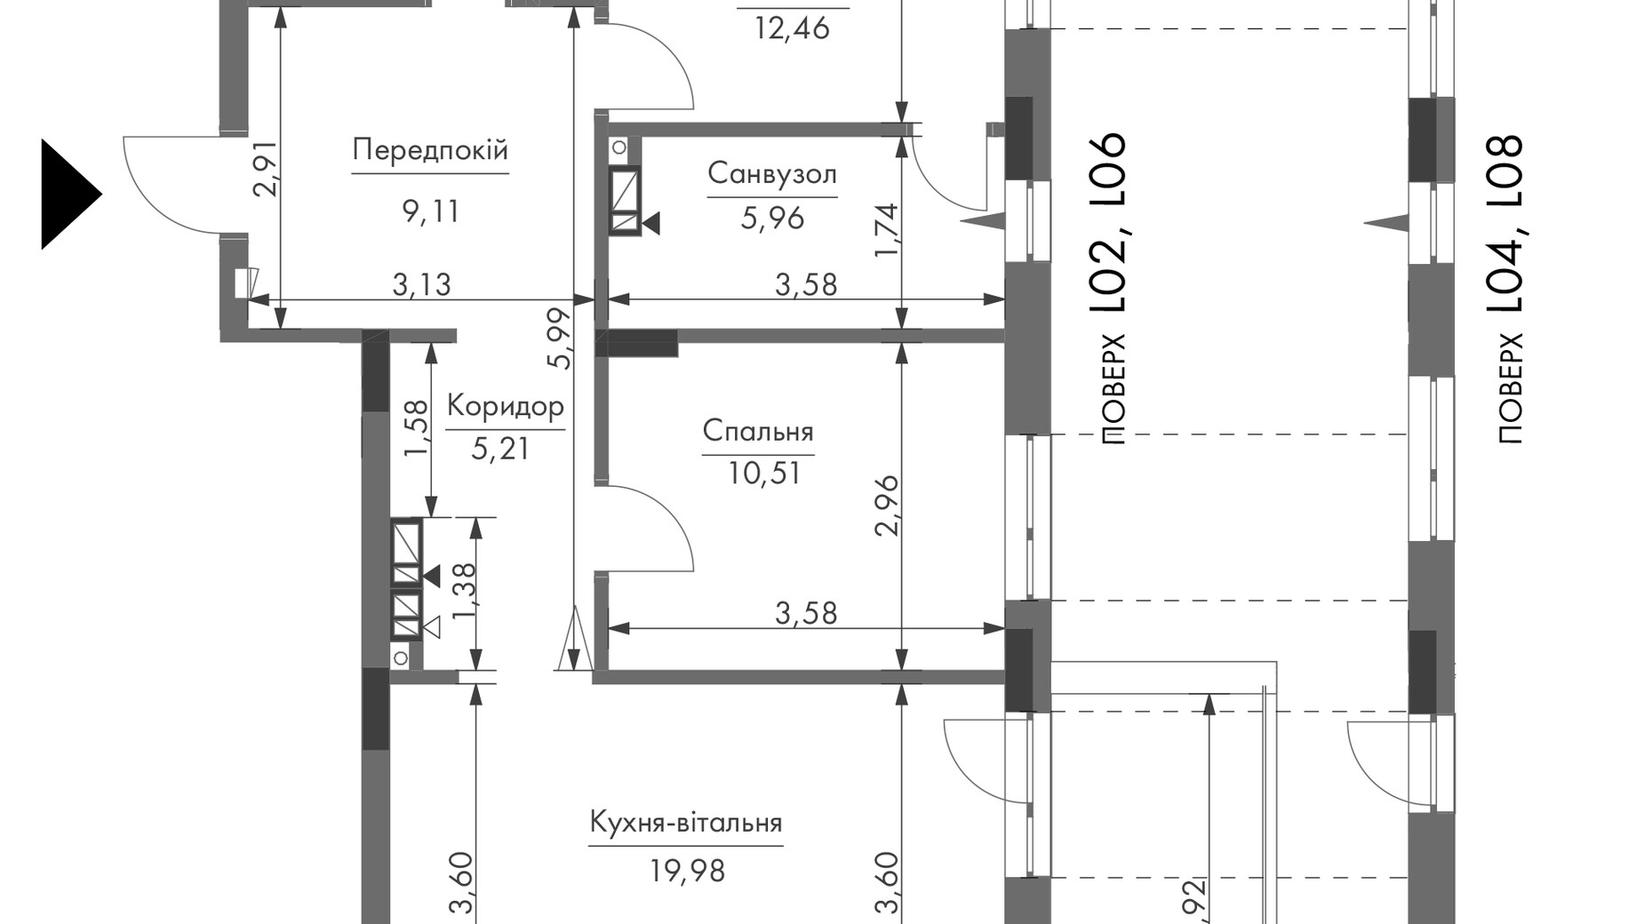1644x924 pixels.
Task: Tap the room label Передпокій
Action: pyautogui.click(x=430, y=149)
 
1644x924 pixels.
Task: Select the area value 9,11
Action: pyautogui.click(x=430, y=211)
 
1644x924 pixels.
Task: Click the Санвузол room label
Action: pyautogui.click(x=772, y=173)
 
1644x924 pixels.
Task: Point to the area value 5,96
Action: pyautogui.click(x=772, y=218)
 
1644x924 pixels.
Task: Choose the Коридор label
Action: pyautogui.click(x=505, y=406)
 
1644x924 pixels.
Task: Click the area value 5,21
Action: pyautogui.click(x=500, y=449)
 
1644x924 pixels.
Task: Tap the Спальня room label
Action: pyautogui.click(x=758, y=431)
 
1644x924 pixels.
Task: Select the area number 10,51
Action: pyautogui.click(x=764, y=474)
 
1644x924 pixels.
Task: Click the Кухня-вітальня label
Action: pyautogui.click(x=686, y=822)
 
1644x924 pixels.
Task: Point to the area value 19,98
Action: pyautogui.click(x=687, y=872)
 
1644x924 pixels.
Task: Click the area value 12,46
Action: pyautogui.click(x=792, y=28)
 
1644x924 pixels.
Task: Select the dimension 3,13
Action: pyautogui.click(x=422, y=284)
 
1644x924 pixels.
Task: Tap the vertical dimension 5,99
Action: pyautogui.click(x=559, y=339)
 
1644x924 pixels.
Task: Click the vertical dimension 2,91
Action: pyautogui.click(x=266, y=169)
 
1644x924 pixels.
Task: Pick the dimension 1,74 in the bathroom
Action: pyautogui.click(x=887, y=231)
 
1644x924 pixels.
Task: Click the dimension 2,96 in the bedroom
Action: pyautogui.click(x=887, y=506)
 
